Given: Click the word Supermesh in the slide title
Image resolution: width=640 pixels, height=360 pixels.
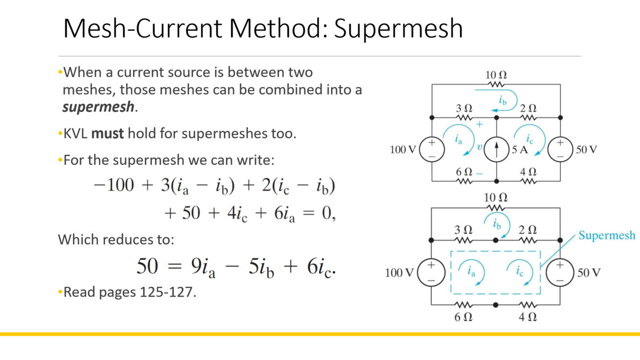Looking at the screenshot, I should pos(398,28).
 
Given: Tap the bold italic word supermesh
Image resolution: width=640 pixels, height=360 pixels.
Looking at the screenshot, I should pos(98,106).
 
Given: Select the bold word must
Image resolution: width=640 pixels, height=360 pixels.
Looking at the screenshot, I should pos(107,133).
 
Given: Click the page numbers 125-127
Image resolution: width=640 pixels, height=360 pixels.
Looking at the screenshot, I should pos(166,291).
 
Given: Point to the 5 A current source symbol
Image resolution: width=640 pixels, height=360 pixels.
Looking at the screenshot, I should pos(496,150).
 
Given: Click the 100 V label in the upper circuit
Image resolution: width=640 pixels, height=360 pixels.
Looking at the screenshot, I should pos(403,150).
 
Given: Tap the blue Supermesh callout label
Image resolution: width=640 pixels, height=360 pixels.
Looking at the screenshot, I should pos(606,235).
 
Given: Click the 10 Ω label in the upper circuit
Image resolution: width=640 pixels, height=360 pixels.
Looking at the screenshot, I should pos(496,75).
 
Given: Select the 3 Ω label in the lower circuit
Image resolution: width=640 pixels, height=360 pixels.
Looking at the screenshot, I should pos(463,230).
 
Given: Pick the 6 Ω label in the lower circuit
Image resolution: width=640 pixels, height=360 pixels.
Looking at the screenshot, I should pos(463,317).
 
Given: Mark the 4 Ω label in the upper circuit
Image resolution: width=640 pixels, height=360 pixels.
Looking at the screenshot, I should pos(528,171).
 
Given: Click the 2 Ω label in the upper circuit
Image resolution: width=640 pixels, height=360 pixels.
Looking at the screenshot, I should pos(528,108).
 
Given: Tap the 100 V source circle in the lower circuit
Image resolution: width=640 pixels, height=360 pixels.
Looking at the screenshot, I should pos(432,273).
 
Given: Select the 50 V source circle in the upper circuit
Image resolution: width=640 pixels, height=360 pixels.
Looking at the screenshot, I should pos(559,150).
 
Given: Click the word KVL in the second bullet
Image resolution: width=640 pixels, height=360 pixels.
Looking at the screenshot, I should pos(76,133).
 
